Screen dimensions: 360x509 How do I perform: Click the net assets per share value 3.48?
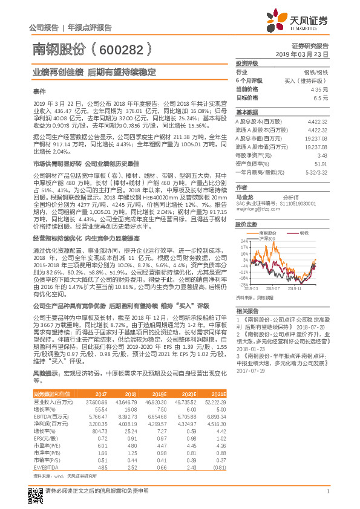click(x=322, y=155)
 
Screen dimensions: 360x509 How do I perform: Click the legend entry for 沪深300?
click(x=267, y=239)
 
